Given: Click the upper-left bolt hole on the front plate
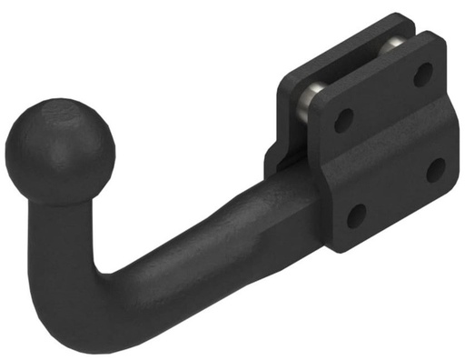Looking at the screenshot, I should pyautogui.click(x=344, y=119).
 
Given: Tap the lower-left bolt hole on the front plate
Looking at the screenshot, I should pyautogui.click(x=357, y=215).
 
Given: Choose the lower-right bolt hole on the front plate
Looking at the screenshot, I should pyautogui.click(x=436, y=169).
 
